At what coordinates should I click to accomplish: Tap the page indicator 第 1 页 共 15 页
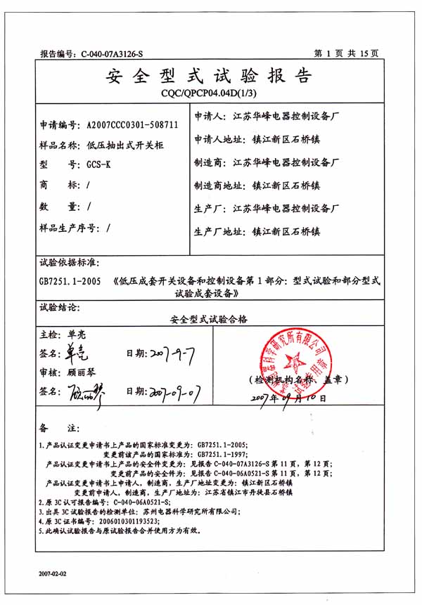(x=346, y=53)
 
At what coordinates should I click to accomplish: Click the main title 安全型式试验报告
(x=208, y=75)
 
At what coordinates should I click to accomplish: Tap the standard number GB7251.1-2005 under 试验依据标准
(x=70, y=280)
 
